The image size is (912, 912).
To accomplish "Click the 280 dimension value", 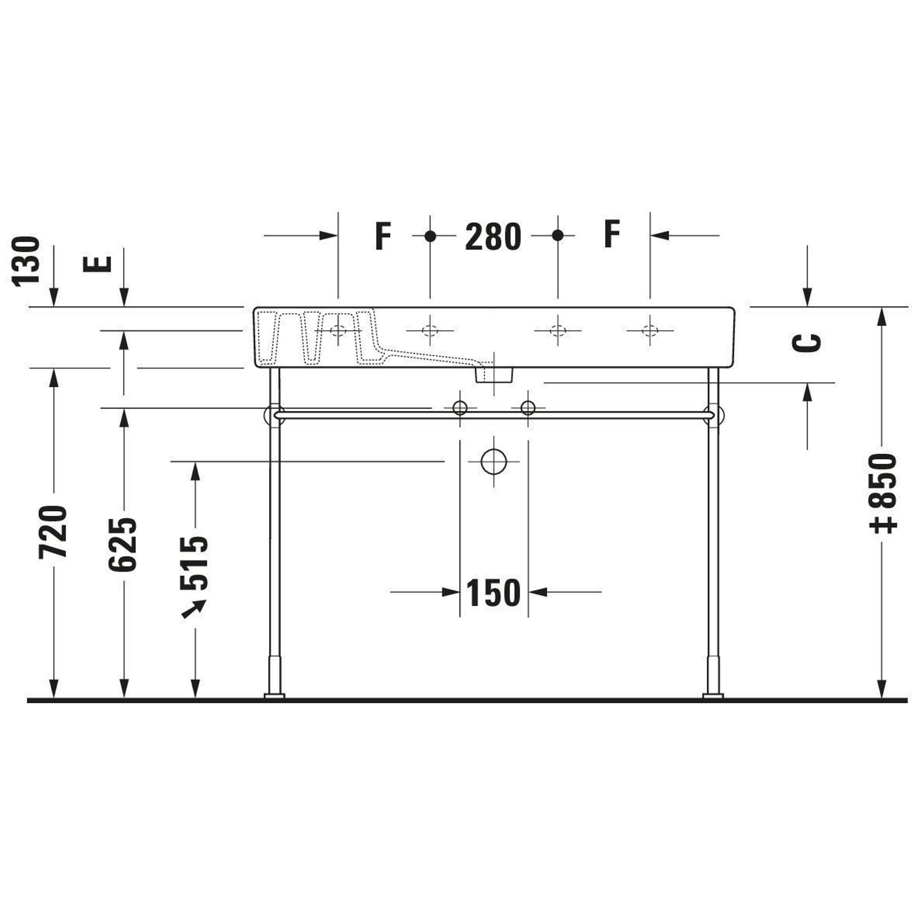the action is click(x=493, y=237).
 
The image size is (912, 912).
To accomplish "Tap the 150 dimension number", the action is click(x=493, y=592).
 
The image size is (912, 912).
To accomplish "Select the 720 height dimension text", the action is click(x=53, y=532).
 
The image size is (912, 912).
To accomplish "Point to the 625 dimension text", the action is click(x=123, y=545).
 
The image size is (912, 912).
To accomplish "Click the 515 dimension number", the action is click(x=194, y=564).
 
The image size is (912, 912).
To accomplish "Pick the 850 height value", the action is click(x=883, y=493).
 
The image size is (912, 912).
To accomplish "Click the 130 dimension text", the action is click(x=26, y=261).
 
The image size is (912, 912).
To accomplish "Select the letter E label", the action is click(x=97, y=264).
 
